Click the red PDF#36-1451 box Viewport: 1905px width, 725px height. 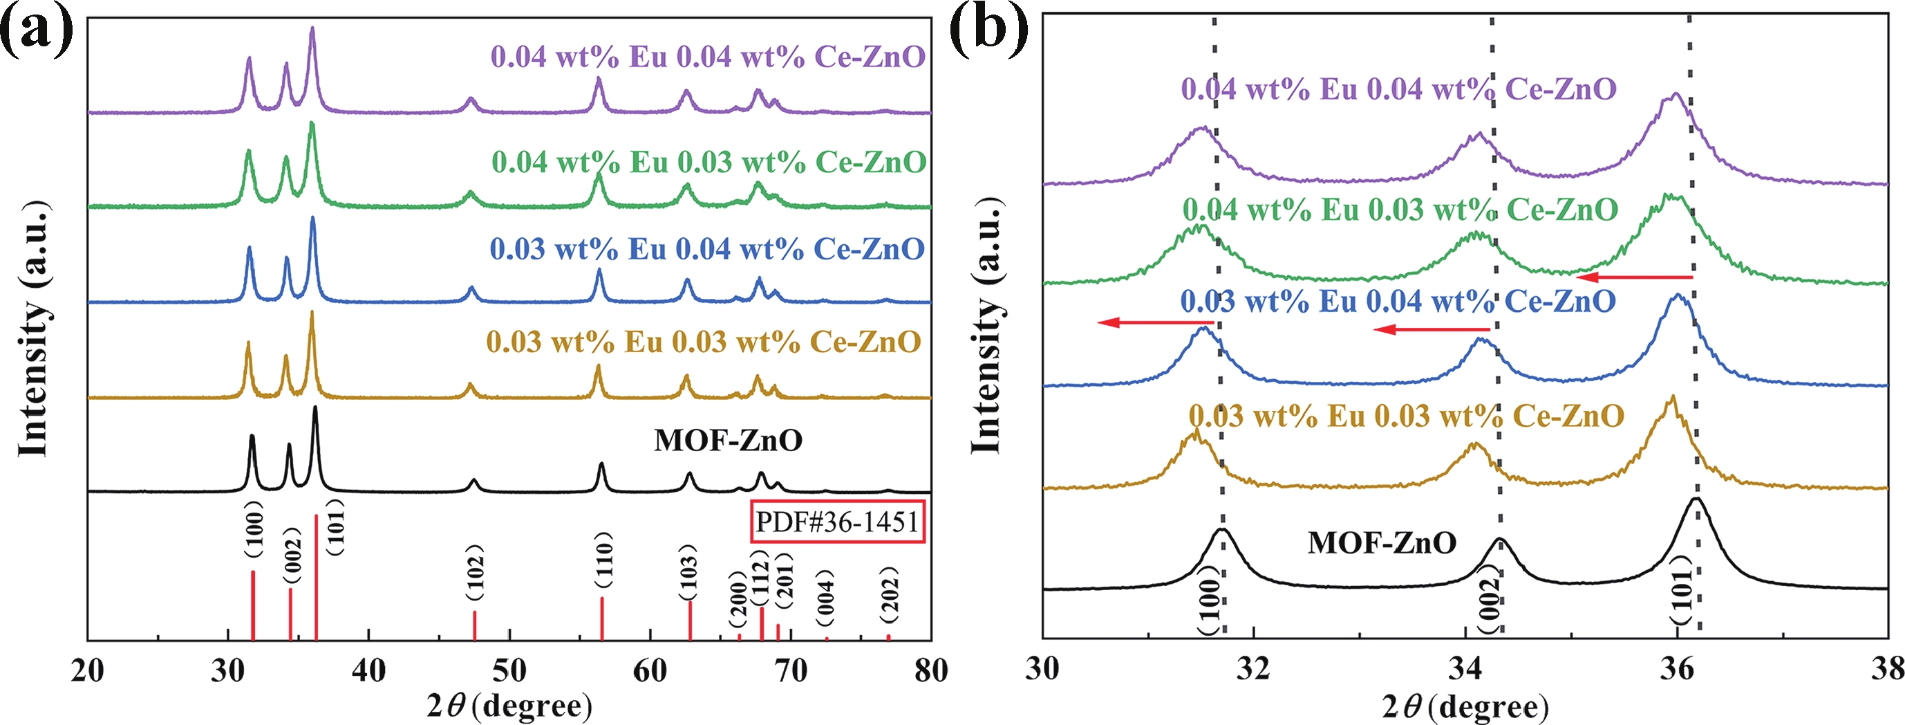(x=837, y=522)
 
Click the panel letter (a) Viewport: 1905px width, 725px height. (x=37, y=31)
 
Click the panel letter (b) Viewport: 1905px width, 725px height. (x=988, y=31)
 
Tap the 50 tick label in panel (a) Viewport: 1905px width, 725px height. (x=509, y=672)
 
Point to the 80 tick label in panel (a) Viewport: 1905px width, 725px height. (x=930, y=672)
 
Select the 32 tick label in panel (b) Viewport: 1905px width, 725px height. (x=1255, y=669)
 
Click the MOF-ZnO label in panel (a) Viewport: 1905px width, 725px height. (x=728, y=441)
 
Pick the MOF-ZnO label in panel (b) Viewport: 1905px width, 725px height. (x=1382, y=543)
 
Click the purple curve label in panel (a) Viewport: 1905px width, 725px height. (x=708, y=57)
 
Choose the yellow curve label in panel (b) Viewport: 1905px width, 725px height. (x=1406, y=416)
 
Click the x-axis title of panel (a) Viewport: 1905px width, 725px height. (x=509, y=706)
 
